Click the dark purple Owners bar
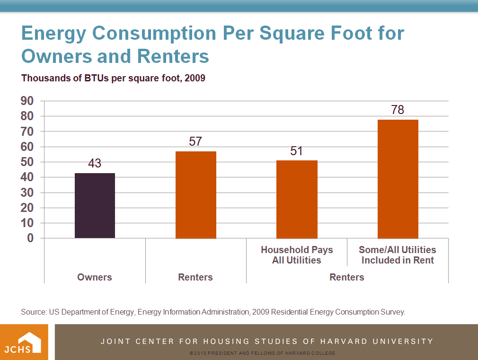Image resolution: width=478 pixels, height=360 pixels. tap(95, 205)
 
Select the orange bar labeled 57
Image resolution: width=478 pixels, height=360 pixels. tap(195, 194)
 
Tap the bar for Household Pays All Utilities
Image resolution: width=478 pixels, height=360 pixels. tap(297, 199)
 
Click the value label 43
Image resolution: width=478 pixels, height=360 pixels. tap(95, 164)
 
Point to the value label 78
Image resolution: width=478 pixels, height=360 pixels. tap(398, 110)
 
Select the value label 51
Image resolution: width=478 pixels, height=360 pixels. tap(297, 151)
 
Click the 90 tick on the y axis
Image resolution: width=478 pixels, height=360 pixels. tap(27, 101)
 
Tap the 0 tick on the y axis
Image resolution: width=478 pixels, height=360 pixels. tap(30, 238)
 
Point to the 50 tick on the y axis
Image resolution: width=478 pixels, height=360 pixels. tap(27, 162)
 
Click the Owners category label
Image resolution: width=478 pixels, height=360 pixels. tap(95, 277)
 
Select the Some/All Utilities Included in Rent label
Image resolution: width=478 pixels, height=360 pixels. tap(398, 255)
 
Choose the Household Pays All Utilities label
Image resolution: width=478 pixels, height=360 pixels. tap(297, 255)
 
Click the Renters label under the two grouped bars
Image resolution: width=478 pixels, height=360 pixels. tap(347, 277)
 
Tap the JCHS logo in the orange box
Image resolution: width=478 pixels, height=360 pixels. tap(24, 342)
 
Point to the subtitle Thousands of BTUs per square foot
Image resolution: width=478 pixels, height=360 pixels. tap(113, 78)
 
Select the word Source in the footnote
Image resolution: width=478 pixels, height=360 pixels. tap(33, 312)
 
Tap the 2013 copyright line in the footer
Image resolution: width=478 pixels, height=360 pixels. tap(262, 353)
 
